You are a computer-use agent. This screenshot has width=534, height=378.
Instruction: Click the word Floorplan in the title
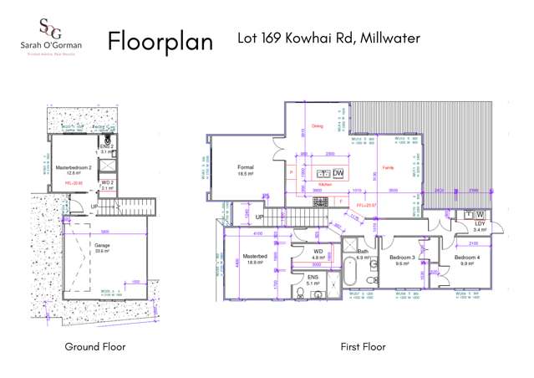pyautogui.click(x=160, y=41)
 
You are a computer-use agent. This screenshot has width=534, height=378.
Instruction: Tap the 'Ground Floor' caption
pyautogui.click(x=95, y=346)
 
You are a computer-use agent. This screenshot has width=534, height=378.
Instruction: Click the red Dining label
pyautogui.click(x=317, y=127)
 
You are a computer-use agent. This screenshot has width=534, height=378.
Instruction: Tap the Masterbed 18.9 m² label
pyautogui.click(x=253, y=259)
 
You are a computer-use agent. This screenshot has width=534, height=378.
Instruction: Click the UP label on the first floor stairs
pyautogui.click(x=260, y=217)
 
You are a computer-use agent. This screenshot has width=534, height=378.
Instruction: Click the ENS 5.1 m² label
pyautogui.click(x=313, y=281)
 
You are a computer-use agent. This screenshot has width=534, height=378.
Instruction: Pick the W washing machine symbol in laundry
pyautogui.click(x=480, y=214)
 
